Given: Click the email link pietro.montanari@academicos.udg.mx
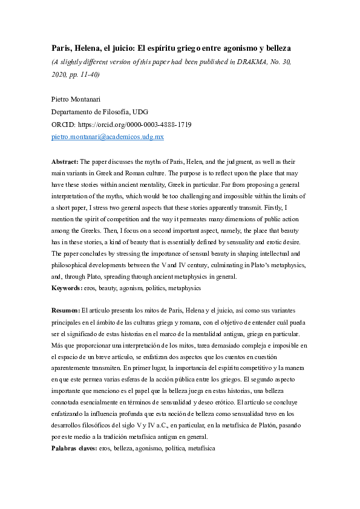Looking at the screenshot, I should coord(107,137).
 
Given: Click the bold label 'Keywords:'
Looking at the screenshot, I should coord(67,288).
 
